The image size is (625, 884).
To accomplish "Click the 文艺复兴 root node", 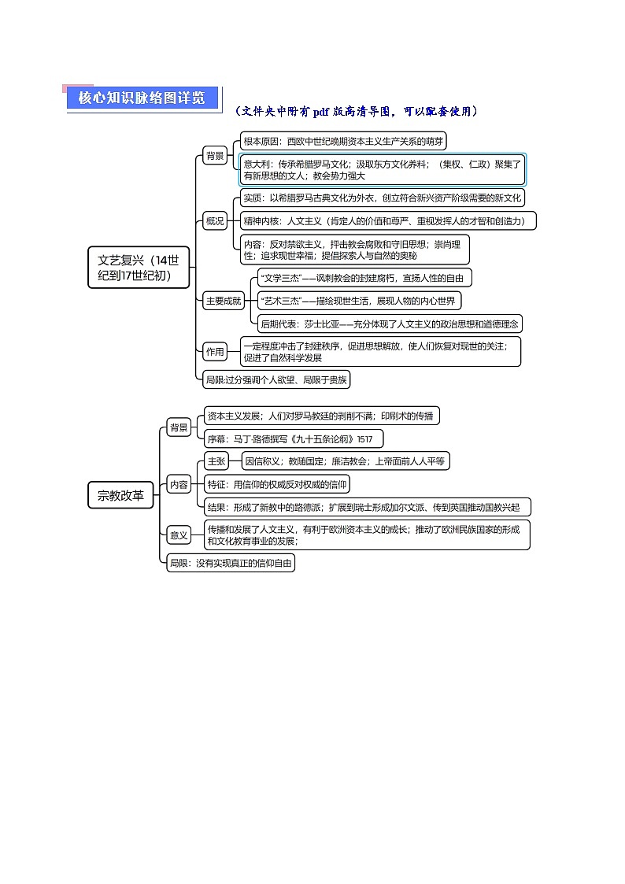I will click(138, 268).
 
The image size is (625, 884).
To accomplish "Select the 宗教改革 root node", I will click(120, 495).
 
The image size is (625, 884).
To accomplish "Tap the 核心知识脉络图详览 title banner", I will click(142, 98).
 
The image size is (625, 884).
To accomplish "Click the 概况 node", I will click(215, 221).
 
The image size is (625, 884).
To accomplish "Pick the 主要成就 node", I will click(224, 300).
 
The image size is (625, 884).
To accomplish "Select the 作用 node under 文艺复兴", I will click(215, 351).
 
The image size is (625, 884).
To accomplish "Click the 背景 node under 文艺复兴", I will click(215, 155).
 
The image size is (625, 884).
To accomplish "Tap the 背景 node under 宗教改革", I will click(179, 428).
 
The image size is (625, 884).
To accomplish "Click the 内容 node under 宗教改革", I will click(179, 485).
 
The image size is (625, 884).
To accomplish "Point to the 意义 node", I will click(179, 535).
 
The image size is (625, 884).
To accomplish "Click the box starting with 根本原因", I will click(343, 142).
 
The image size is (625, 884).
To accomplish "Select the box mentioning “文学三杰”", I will click(364, 277).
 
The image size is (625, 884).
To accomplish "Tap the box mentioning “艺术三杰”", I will click(359, 300).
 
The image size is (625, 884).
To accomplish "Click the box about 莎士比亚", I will click(390, 323).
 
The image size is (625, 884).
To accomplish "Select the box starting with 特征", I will click(276, 484).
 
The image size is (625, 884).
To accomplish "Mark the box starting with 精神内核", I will click(388, 221).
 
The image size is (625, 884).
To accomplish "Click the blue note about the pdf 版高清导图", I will click(357, 112).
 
